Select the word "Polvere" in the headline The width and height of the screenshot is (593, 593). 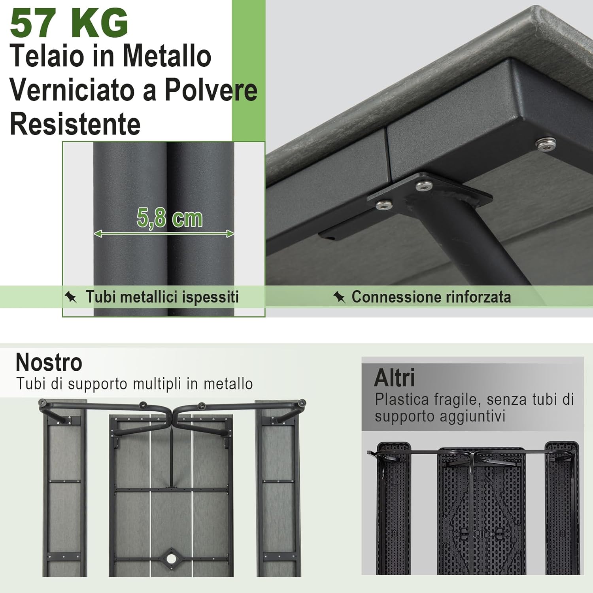[x=211, y=90]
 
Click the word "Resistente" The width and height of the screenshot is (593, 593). [x=75, y=124]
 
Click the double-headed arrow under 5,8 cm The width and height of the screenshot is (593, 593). [x=164, y=234]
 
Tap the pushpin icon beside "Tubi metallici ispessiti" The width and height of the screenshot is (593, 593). [x=71, y=297]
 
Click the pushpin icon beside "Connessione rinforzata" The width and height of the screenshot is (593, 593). [x=339, y=297]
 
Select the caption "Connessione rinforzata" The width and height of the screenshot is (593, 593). [x=431, y=297]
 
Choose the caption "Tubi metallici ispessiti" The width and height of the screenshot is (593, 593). [x=162, y=297]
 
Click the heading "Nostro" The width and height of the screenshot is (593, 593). [x=49, y=362]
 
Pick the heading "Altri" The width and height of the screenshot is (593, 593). [x=395, y=378]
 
